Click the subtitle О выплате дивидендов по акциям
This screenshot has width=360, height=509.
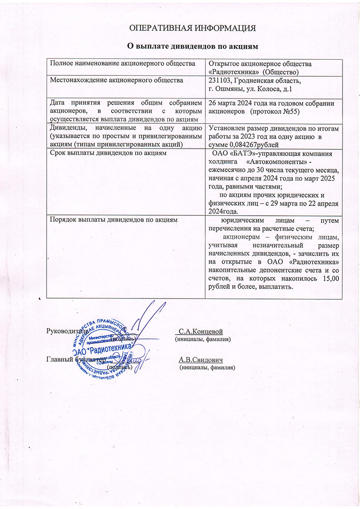click(x=193, y=46)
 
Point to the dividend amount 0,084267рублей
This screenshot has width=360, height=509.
click(x=254, y=144)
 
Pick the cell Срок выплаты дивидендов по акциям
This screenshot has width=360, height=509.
click(x=104, y=153)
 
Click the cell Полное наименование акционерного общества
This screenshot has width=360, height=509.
click(x=122, y=64)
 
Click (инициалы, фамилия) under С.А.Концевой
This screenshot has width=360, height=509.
click(x=203, y=339)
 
